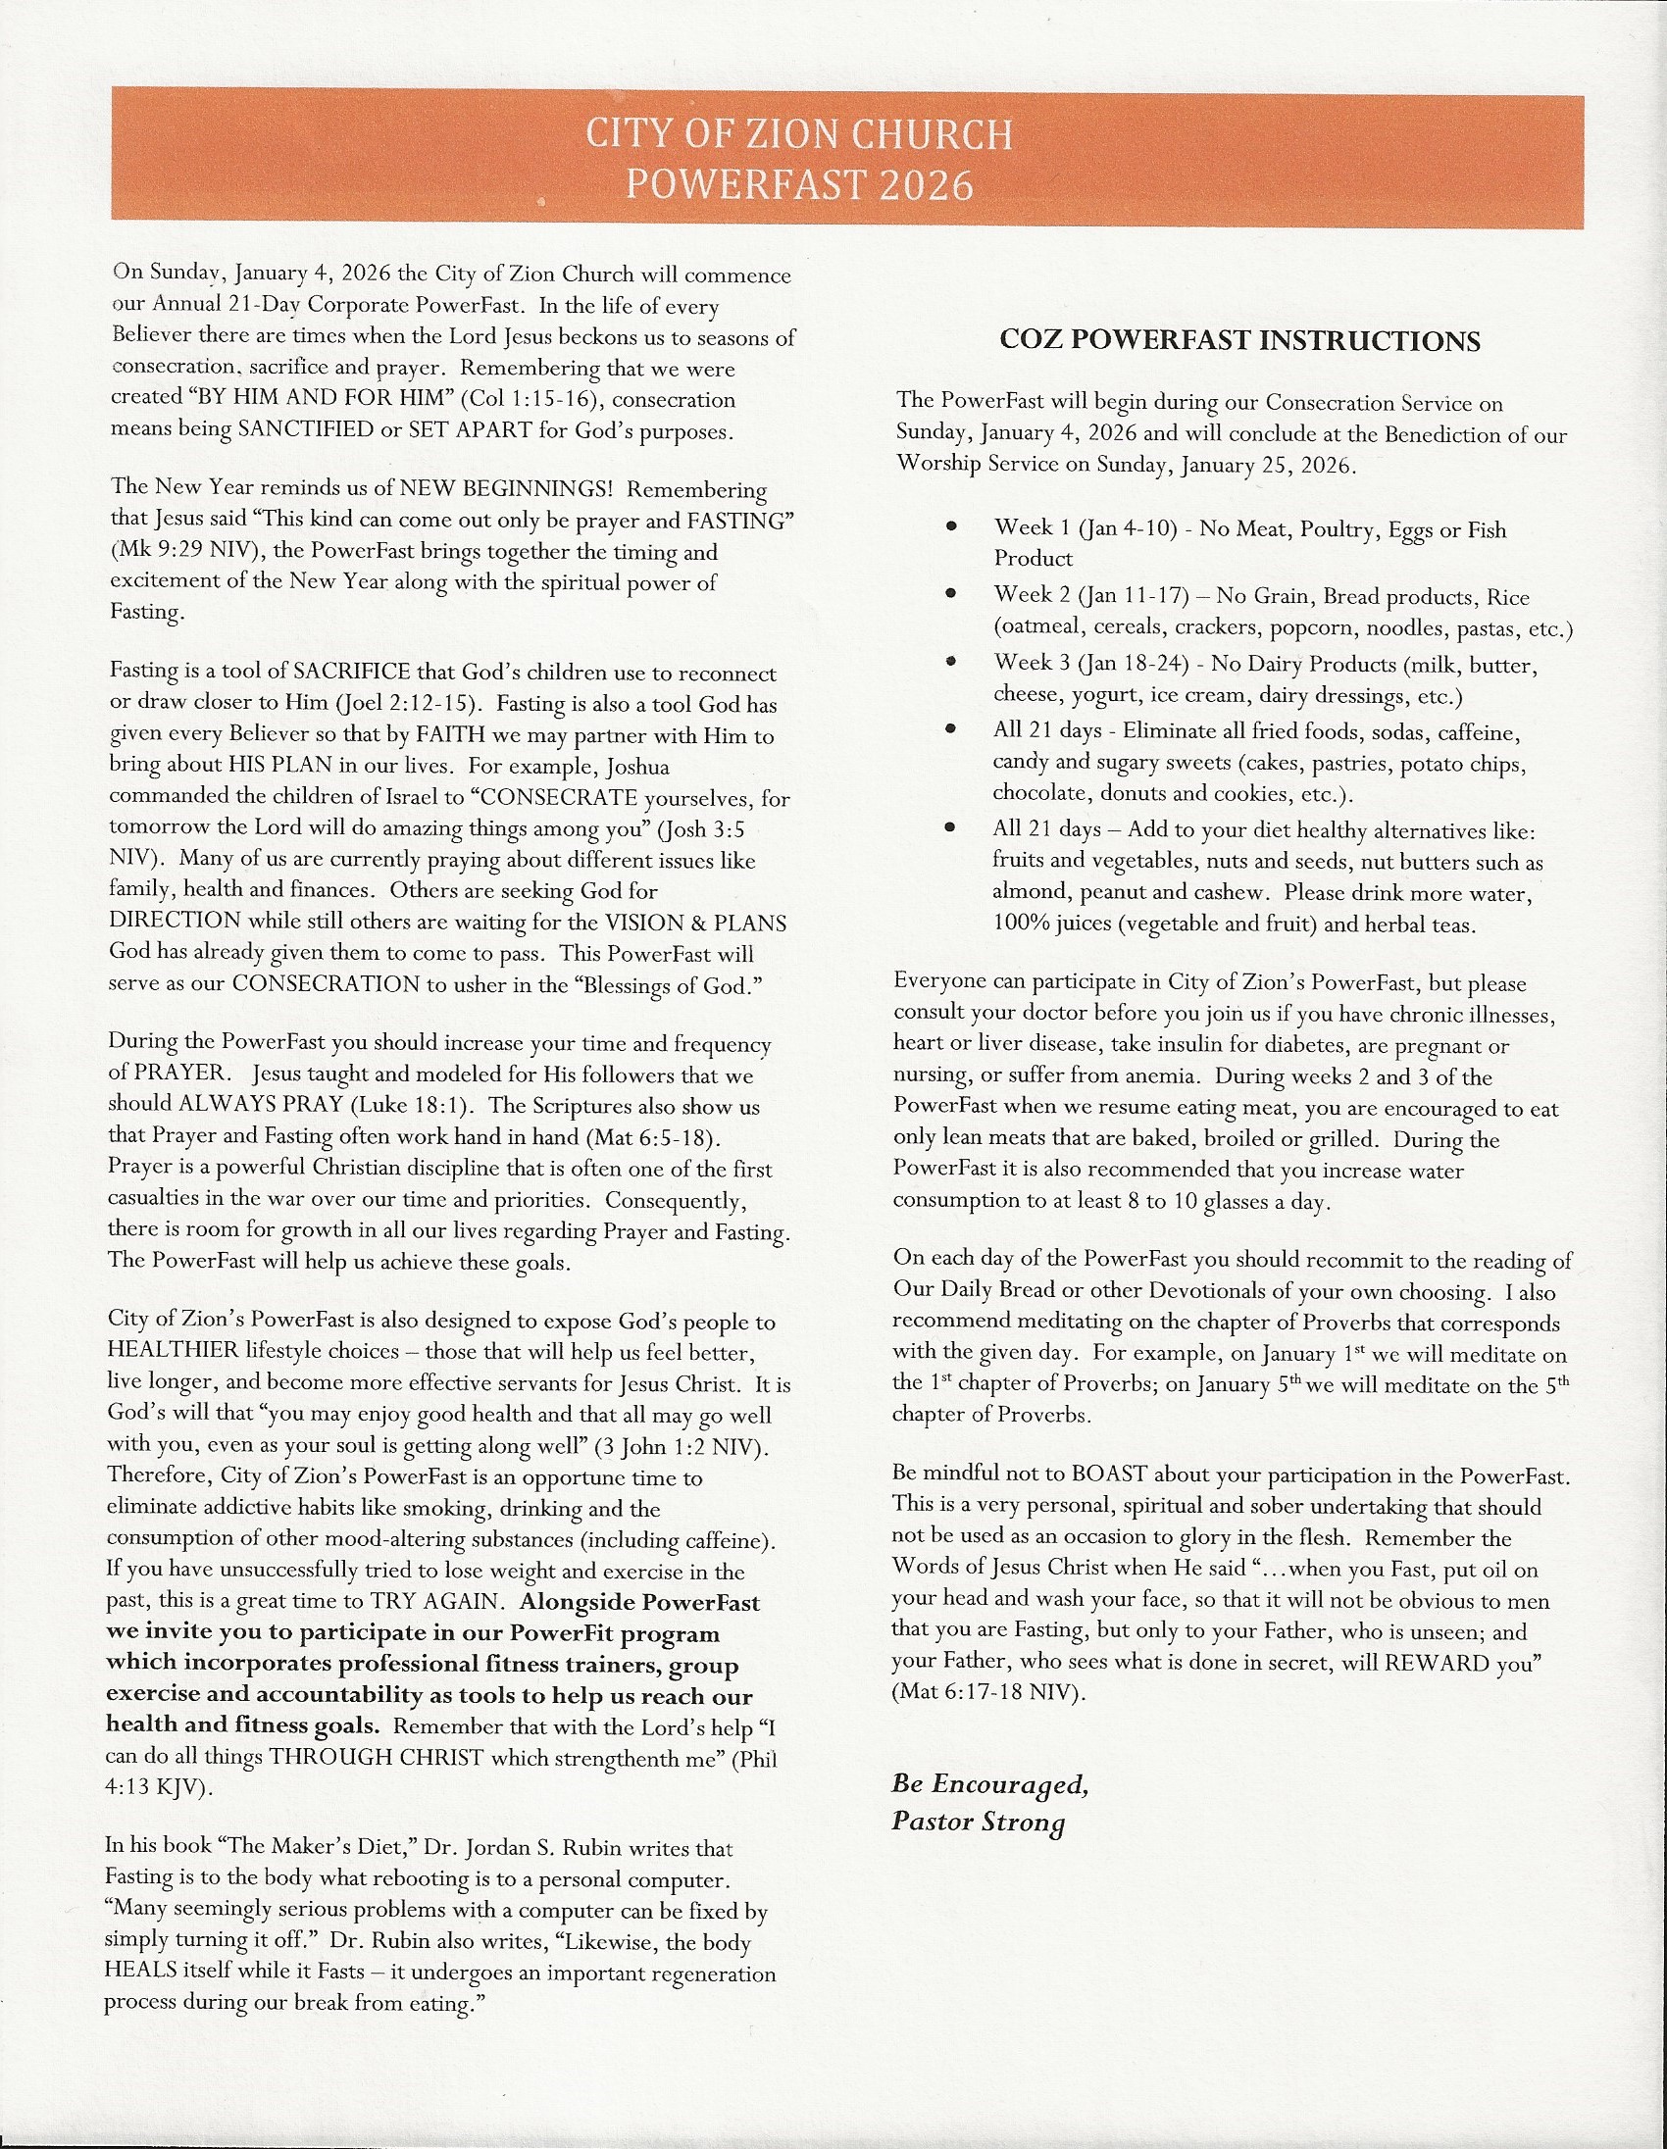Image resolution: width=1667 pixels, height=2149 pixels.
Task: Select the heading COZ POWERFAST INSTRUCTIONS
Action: pyautogui.click(x=1238, y=340)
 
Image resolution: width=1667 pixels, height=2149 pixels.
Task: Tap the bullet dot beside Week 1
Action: pyautogui.click(x=950, y=527)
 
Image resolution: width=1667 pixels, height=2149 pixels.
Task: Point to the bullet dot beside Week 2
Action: pyautogui.click(x=950, y=594)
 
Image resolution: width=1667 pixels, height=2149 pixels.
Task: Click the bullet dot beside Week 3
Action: pyautogui.click(x=950, y=662)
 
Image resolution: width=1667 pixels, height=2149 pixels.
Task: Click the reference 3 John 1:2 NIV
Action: pyautogui.click(x=678, y=1447)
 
